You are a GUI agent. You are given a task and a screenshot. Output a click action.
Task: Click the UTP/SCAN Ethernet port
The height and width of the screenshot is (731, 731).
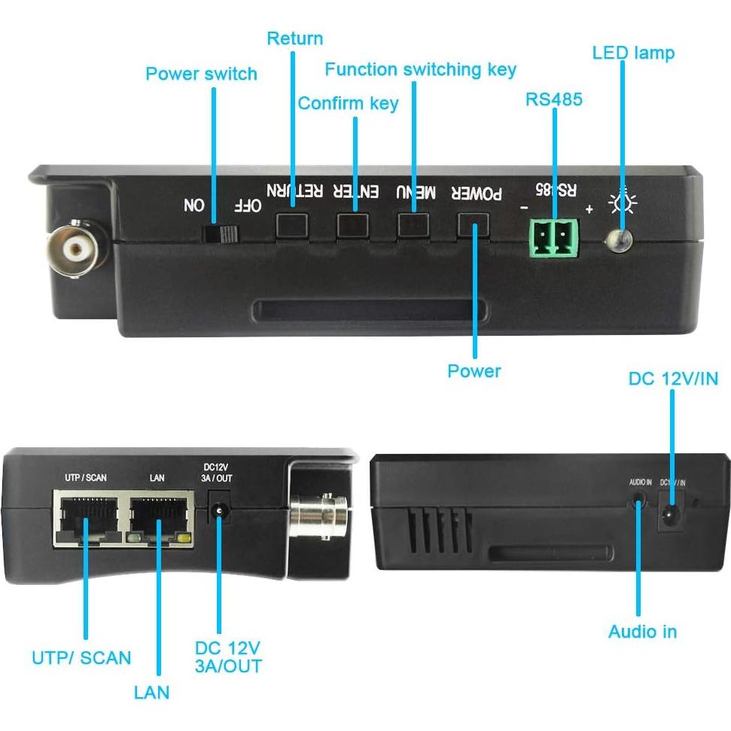(86, 517)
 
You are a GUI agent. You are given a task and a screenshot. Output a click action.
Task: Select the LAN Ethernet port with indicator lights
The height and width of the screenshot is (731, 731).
(160, 518)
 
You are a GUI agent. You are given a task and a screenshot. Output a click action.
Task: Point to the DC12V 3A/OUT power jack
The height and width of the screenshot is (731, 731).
(219, 511)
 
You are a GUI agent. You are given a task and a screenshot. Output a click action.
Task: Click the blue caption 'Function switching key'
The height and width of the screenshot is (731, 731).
(420, 70)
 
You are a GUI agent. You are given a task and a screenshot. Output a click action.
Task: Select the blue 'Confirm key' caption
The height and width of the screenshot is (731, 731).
(348, 103)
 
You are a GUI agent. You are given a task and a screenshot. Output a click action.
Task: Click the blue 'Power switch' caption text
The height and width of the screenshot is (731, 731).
(201, 74)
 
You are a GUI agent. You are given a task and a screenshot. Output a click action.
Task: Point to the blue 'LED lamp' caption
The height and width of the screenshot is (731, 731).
(633, 53)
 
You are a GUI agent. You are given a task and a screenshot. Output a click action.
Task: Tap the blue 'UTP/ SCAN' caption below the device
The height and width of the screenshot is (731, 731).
(81, 657)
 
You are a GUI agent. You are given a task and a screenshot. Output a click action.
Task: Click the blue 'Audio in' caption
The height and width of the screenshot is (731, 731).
(642, 632)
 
